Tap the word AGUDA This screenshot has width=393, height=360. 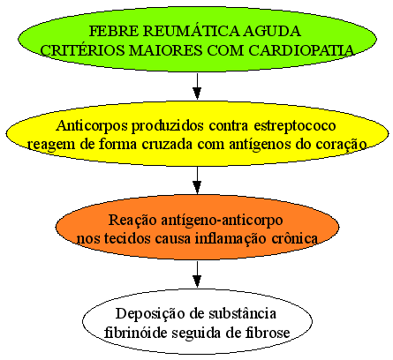(273, 31)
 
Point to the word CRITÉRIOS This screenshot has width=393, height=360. (82, 49)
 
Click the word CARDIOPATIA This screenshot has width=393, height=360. (301, 50)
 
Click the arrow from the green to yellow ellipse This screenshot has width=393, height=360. (197, 86)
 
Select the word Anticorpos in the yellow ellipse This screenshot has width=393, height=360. (92, 126)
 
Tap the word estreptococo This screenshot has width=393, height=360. (295, 126)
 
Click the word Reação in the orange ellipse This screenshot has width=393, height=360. (132, 221)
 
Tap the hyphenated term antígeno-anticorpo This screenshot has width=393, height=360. (222, 221)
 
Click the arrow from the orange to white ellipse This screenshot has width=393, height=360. (197, 274)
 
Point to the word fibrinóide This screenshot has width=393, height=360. (135, 333)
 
